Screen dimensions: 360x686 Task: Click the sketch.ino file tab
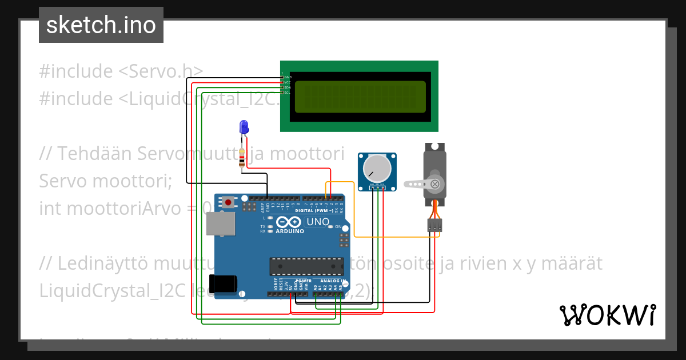pyautogui.click(x=101, y=25)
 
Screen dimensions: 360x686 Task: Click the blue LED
pyautogui.click(x=244, y=127)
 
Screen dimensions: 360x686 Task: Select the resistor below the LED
pyautogui.click(x=242, y=158)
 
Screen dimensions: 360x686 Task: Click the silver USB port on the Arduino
pyautogui.click(x=220, y=224)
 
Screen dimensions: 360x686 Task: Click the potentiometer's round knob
pyautogui.click(x=377, y=167)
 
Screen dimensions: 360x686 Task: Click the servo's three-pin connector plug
pyautogui.click(x=434, y=225)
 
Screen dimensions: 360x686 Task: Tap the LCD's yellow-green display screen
pyautogui.click(x=360, y=97)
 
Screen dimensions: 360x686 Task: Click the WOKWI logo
pyautogui.click(x=607, y=315)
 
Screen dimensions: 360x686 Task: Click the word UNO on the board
pyautogui.click(x=318, y=222)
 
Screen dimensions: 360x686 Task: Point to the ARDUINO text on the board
pyautogui.click(x=290, y=231)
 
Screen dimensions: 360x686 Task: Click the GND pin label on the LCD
pyautogui.click(x=288, y=77)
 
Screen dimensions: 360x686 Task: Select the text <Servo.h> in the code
pyautogui.click(x=161, y=71)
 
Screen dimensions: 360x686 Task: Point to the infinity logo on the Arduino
pyautogui.click(x=286, y=222)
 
